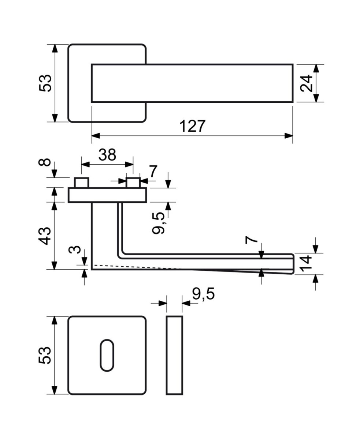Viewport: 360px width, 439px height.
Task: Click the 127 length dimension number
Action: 192,126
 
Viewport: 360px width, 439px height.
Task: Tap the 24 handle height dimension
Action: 307,83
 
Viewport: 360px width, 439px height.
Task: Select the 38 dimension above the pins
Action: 107,155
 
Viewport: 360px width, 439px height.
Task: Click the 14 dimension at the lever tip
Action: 306,264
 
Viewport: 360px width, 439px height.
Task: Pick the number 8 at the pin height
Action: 44,162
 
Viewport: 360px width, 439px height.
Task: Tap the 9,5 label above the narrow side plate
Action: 203,294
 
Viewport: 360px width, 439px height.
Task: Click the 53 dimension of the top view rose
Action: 45,83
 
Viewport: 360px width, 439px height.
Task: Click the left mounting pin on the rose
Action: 81,183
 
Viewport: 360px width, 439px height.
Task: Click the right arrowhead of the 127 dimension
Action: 289,136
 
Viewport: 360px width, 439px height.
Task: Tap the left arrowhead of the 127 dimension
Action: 96,136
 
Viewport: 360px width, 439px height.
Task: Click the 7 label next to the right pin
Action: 153,171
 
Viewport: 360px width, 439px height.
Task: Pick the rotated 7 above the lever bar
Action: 252,240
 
